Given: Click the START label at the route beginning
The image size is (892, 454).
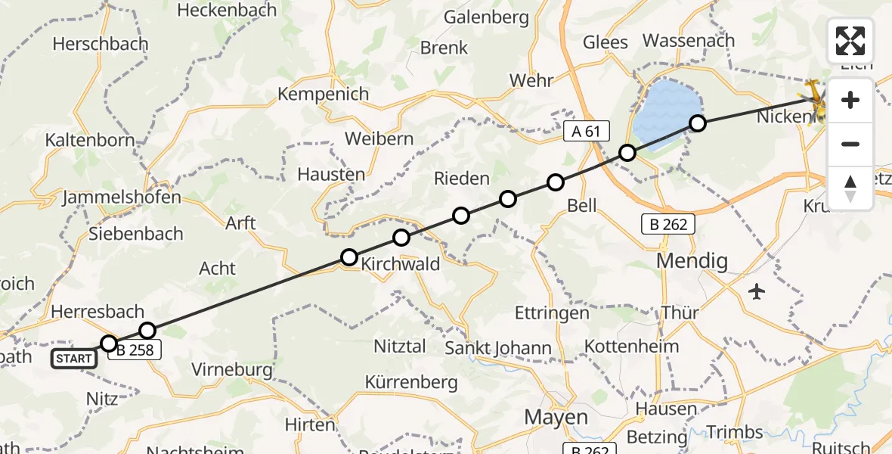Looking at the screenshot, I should pos(74,359).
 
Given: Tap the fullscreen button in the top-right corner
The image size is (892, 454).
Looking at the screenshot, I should pos(850,41).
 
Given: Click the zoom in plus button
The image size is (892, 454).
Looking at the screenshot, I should pos(850,100).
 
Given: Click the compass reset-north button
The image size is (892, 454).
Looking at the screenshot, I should pos(850,188).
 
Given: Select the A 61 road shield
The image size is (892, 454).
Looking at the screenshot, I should pos(586,132).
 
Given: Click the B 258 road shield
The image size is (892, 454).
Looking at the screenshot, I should pos(134,347).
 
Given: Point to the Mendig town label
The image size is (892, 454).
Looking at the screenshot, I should pos(692,262).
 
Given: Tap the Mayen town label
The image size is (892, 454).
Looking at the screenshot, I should pos(556,417).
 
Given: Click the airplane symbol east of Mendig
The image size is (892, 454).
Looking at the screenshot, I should pos(757,291).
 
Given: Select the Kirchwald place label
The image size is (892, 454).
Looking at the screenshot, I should pos(400,265).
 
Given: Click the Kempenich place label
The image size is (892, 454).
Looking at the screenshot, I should pos(324,95).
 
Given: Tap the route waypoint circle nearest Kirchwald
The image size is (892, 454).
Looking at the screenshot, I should pos(349,257).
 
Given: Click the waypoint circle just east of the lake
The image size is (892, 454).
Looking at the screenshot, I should pos(698,123).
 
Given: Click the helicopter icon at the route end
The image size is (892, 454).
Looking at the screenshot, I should pos(815,97).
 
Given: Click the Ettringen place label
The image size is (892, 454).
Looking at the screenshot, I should pos(551,313).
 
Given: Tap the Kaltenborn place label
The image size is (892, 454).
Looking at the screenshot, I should pos(90,140).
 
